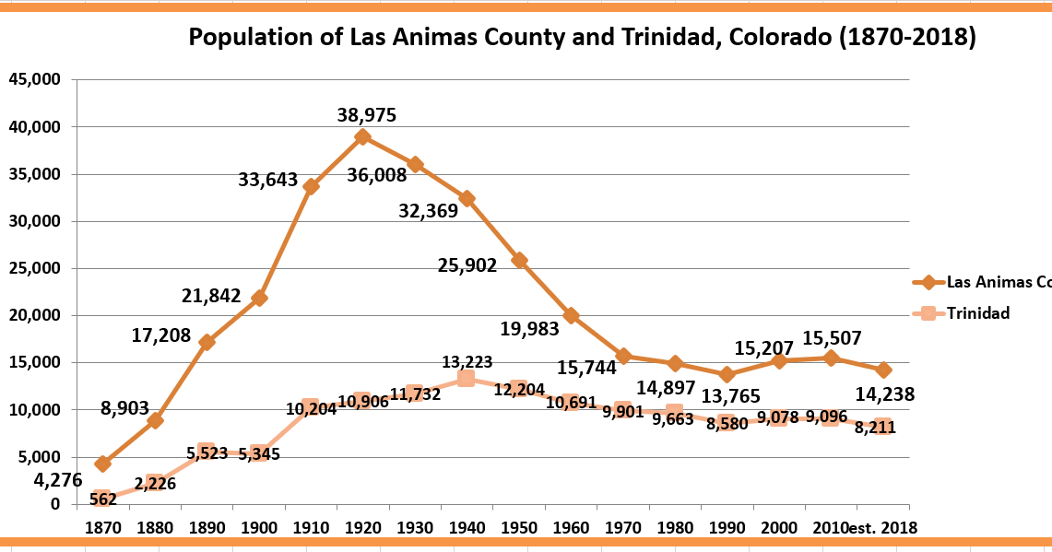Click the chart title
(x=582, y=38)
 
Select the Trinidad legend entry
(x=977, y=313)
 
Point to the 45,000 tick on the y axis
(x=34, y=80)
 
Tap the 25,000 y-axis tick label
(x=34, y=268)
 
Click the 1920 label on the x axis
(x=362, y=528)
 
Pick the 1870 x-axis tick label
(x=102, y=528)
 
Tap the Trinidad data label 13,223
(x=467, y=362)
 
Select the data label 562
(x=103, y=499)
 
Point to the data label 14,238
(x=883, y=395)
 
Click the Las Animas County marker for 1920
(x=362, y=136)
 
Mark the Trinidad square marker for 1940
(x=467, y=379)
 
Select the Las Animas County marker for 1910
(x=311, y=186)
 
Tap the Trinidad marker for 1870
(x=102, y=499)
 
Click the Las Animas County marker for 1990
(x=727, y=374)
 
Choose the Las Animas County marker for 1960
(x=571, y=315)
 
